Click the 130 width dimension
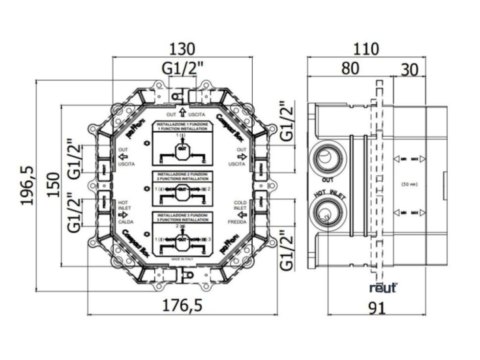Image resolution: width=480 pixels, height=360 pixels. (x=182, y=49)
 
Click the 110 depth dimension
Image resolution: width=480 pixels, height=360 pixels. (x=366, y=49)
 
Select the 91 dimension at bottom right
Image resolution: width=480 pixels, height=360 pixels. (x=377, y=308)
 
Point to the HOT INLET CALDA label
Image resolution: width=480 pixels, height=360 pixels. (x=123, y=212)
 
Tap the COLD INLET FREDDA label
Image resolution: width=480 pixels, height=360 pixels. (x=240, y=212)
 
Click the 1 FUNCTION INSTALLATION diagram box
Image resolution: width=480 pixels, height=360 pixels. (x=182, y=144)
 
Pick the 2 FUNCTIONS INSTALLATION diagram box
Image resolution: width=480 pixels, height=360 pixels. (x=182, y=189)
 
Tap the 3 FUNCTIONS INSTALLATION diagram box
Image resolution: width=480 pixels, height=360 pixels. (x=182, y=234)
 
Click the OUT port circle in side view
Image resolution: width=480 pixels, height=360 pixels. (x=325, y=156)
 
